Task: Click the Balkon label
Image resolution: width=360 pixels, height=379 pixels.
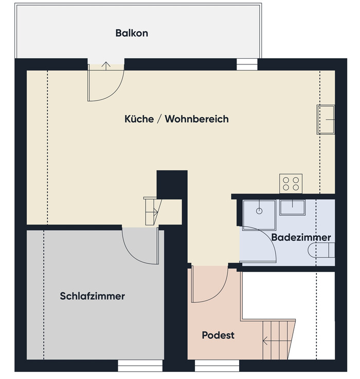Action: pyautogui.click(x=132, y=33)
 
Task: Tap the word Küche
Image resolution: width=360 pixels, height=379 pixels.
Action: pyautogui.click(x=139, y=118)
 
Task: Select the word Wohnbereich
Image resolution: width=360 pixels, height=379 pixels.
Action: pyautogui.click(x=196, y=119)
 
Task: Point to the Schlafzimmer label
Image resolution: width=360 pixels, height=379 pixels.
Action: pyautogui.click(x=92, y=296)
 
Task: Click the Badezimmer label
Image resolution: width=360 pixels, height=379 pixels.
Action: pyautogui.click(x=301, y=237)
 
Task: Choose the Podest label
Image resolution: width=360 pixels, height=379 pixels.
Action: pyautogui.click(x=218, y=335)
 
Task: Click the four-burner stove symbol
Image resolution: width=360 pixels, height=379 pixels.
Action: pyautogui.click(x=291, y=183)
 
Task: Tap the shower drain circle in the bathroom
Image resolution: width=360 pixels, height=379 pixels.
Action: pyautogui.click(x=259, y=211)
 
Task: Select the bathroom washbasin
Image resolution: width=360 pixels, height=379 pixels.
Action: pyautogui.click(x=293, y=208)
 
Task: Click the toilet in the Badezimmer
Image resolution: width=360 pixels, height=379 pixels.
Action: pyautogui.click(x=321, y=250)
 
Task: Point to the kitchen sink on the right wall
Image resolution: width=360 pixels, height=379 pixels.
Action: pyautogui.click(x=326, y=119)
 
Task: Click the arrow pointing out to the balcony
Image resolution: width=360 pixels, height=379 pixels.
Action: pyautogui.click(x=106, y=66)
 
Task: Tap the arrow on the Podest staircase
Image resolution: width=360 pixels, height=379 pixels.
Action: pyautogui.click(x=277, y=341)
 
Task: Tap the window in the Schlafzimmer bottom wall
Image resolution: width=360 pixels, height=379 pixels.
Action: pyautogui.click(x=140, y=366)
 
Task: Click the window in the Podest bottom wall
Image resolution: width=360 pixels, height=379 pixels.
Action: pyautogui.click(x=217, y=366)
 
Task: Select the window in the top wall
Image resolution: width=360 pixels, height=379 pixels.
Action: pyautogui.click(x=247, y=64)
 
